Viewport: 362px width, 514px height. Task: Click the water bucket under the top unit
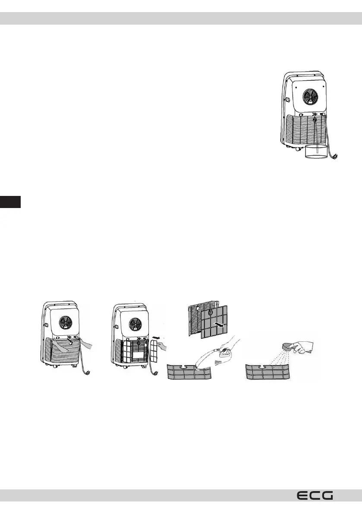pos(317,152)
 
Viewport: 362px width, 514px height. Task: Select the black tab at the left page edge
pos(10,202)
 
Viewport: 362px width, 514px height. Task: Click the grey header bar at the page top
pos(181,18)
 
